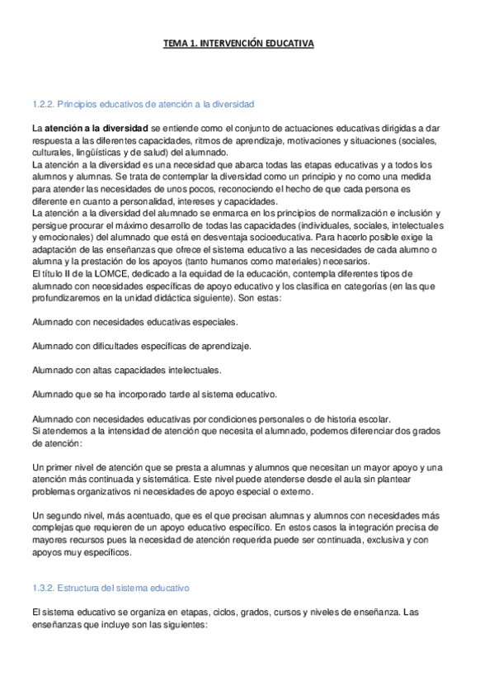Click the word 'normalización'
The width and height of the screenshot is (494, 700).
point(323,213)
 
